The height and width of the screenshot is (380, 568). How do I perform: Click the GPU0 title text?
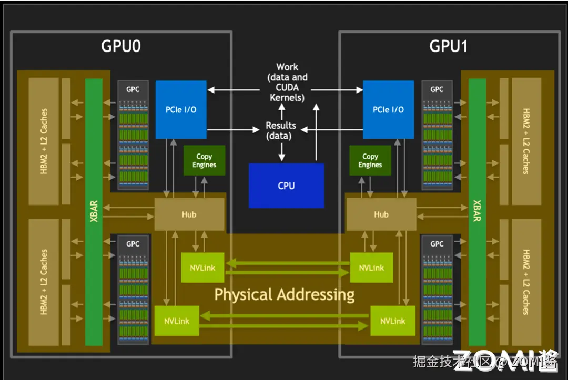tap(121, 46)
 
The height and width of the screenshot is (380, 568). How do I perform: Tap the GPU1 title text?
tap(448, 46)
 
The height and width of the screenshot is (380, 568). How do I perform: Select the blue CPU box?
tap(286, 186)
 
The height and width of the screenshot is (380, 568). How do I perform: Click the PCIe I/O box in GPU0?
tap(181, 109)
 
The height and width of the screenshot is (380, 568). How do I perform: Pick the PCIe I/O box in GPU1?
tap(388, 109)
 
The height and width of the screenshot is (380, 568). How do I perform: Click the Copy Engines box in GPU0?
tap(204, 160)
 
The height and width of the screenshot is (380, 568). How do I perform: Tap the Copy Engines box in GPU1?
tap(370, 160)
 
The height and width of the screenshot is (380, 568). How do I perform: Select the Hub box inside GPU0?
tap(189, 214)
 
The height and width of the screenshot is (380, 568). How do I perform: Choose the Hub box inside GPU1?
tap(381, 214)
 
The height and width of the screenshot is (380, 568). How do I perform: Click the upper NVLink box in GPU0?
tap(202, 268)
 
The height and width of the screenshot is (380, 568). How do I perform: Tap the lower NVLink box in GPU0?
tap(177, 321)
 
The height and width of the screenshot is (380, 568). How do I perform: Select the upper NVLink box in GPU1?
tap(371, 268)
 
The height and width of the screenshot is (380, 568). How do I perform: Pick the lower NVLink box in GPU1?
tap(392, 321)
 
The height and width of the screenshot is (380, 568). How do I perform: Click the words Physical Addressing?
tap(284, 294)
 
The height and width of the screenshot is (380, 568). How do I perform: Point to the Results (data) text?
tap(281, 130)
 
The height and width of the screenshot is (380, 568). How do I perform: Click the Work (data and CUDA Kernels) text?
tap(287, 82)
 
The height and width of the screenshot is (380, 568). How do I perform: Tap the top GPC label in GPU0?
tap(133, 89)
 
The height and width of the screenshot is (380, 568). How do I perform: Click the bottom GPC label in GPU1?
tap(437, 244)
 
